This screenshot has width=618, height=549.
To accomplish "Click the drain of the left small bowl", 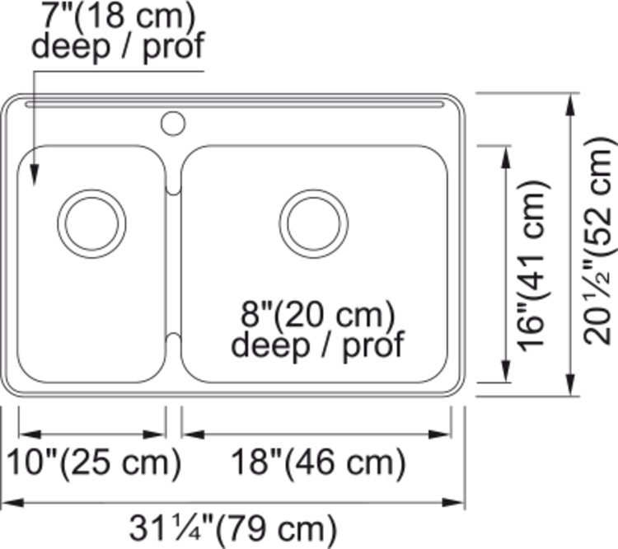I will tap(92, 223).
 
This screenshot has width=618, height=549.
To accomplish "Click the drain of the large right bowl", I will tap(314, 223).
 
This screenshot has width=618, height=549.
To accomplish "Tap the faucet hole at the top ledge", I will tap(172, 124).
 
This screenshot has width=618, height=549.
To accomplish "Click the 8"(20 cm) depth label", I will tap(317, 316).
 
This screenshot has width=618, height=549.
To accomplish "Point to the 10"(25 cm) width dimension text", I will tap(94, 463).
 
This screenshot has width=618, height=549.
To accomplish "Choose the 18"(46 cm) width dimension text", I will tap(318, 463).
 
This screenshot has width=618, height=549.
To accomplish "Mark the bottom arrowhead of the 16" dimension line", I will tap(504, 374).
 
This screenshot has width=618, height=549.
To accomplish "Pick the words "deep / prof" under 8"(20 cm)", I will tap(317, 345).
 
